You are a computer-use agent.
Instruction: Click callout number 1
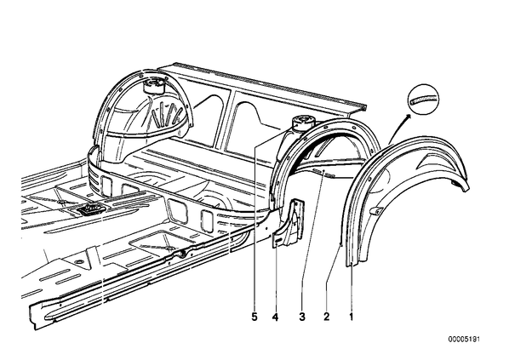tap(351, 317)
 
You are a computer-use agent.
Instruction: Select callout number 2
tap(326, 317)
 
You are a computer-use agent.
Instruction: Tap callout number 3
tap(302, 317)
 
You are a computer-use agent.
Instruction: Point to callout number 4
tap(275, 317)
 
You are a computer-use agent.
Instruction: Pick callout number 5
tap(254, 317)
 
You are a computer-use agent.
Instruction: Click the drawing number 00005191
tap(464, 340)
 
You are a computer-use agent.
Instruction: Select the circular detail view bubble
tap(423, 99)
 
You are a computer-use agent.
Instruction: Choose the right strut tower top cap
tap(303, 123)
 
